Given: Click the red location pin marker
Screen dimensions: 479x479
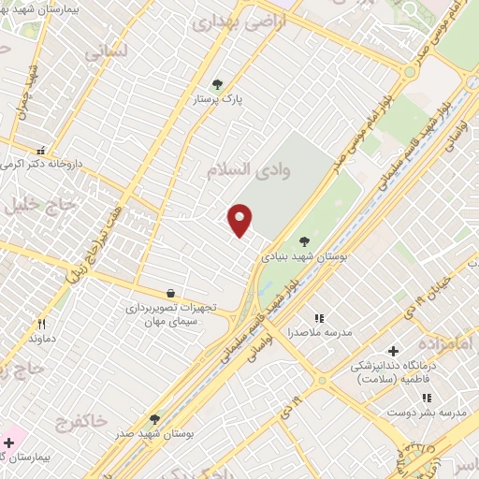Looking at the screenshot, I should (x=240, y=220).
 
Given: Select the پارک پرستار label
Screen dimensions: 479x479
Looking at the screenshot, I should (x=218, y=98).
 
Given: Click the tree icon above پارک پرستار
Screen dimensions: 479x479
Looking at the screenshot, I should (x=218, y=84).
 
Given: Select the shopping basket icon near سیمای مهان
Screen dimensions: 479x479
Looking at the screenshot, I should (x=169, y=293).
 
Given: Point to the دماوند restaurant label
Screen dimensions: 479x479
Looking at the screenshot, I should (x=43, y=338).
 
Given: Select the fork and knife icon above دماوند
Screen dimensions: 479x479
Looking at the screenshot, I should (x=41, y=324).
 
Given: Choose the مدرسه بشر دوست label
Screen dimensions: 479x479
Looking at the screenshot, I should (x=439, y=412).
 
